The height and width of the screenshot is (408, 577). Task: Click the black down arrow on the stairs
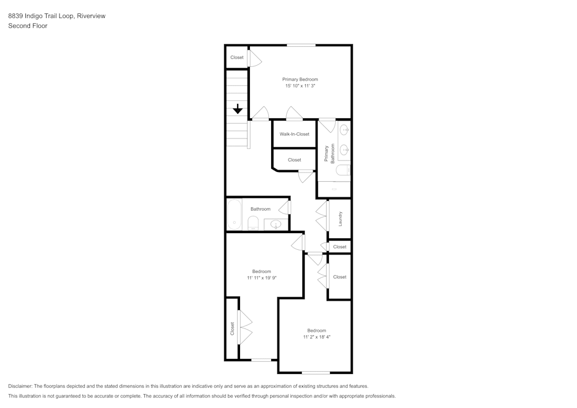[x=238, y=109]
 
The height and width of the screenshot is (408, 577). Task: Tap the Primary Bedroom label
[x=300, y=79]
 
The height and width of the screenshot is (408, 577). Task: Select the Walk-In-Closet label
[x=294, y=134]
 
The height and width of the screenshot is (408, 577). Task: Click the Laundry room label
[x=340, y=219]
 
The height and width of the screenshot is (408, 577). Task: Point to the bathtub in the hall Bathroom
[x=234, y=214]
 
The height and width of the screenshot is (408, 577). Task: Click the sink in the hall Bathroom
[x=276, y=224]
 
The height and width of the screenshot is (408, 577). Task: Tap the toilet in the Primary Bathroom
[x=344, y=170]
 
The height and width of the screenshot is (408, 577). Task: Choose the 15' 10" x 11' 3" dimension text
[x=300, y=86]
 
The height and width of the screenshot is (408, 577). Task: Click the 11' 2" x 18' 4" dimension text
[x=317, y=336]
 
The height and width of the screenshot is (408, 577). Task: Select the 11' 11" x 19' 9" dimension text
[x=261, y=278]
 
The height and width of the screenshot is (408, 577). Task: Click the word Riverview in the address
[x=91, y=16]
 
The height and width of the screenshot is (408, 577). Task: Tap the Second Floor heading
[x=28, y=26]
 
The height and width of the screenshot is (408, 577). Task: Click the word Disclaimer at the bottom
[x=20, y=386]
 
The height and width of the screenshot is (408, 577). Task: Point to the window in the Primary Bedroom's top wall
[x=301, y=45]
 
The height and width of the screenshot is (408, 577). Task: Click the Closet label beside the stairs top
[x=237, y=57]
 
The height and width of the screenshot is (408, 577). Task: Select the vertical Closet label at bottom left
[x=232, y=328]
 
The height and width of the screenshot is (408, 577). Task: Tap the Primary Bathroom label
[x=329, y=154]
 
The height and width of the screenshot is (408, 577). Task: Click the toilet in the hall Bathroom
[x=253, y=223]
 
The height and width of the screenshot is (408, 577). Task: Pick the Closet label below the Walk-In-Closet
[x=294, y=160]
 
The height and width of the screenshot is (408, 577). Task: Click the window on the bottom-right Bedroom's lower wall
[x=316, y=373]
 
